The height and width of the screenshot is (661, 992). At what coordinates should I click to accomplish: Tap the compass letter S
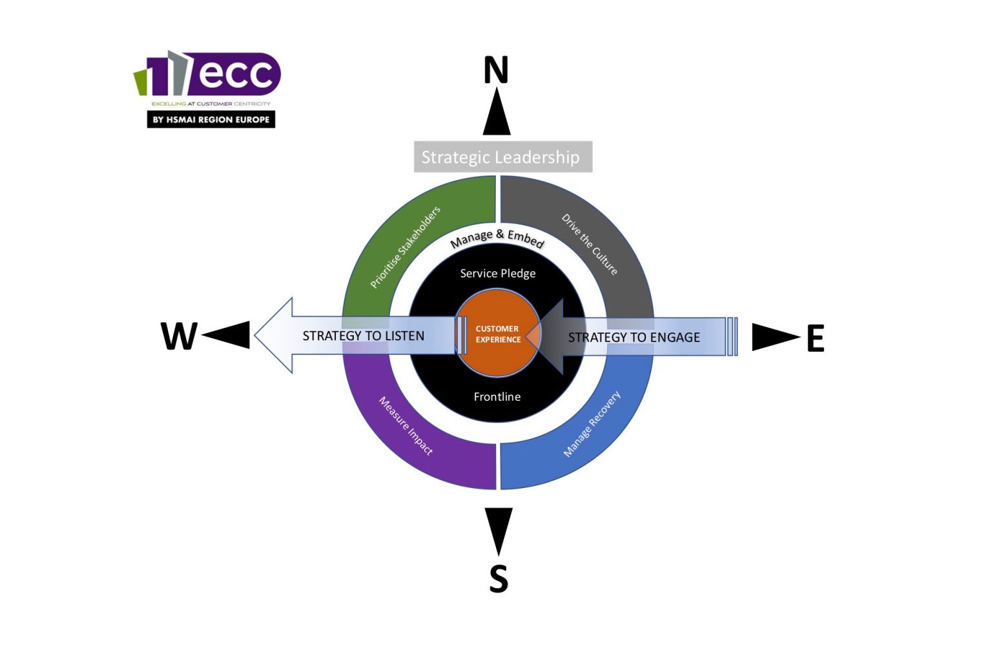click(x=498, y=578)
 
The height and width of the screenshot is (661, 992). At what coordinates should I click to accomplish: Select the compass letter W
click(x=179, y=336)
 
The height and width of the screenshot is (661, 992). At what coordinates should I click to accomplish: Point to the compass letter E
click(x=815, y=338)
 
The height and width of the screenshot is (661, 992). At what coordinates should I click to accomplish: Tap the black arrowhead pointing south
click(x=498, y=529)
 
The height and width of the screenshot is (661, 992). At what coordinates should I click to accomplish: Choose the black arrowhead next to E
click(x=773, y=337)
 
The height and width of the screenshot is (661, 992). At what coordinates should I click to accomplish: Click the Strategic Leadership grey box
click(x=502, y=157)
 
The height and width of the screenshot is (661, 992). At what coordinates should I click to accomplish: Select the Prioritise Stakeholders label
click(x=405, y=247)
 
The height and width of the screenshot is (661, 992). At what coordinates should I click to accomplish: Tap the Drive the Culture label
click(x=590, y=244)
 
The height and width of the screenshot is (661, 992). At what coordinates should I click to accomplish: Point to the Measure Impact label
click(x=406, y=425)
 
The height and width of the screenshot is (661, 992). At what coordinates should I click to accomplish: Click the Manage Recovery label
click(x=592, y=424)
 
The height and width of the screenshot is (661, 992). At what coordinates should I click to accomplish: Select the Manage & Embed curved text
click(x=497, y=238)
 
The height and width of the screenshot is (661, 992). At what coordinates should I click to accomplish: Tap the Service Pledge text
click(x=497, y=274)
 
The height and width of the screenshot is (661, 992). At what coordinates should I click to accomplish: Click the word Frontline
click(x=497, y=397)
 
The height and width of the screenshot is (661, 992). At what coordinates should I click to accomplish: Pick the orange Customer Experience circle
click(x=498, y=334)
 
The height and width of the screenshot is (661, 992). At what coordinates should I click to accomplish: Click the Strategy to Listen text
click(x=363, y=336)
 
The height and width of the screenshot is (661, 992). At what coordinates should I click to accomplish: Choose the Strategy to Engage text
click(x=634, y=338)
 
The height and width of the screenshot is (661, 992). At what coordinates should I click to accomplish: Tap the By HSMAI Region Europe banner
click(x=211, y=119)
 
